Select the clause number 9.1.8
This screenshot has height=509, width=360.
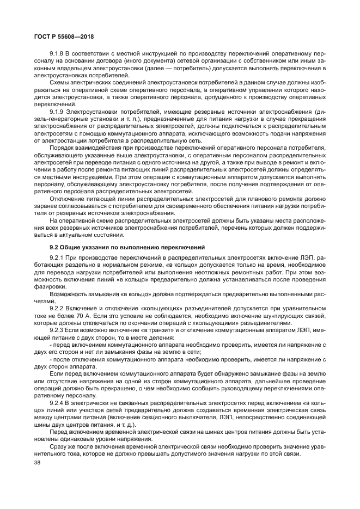coord(57,54)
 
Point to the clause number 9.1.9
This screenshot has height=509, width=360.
coord(57,110)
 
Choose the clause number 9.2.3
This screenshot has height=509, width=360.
coord(57,330)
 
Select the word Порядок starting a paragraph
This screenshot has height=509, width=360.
coord(62,148)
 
